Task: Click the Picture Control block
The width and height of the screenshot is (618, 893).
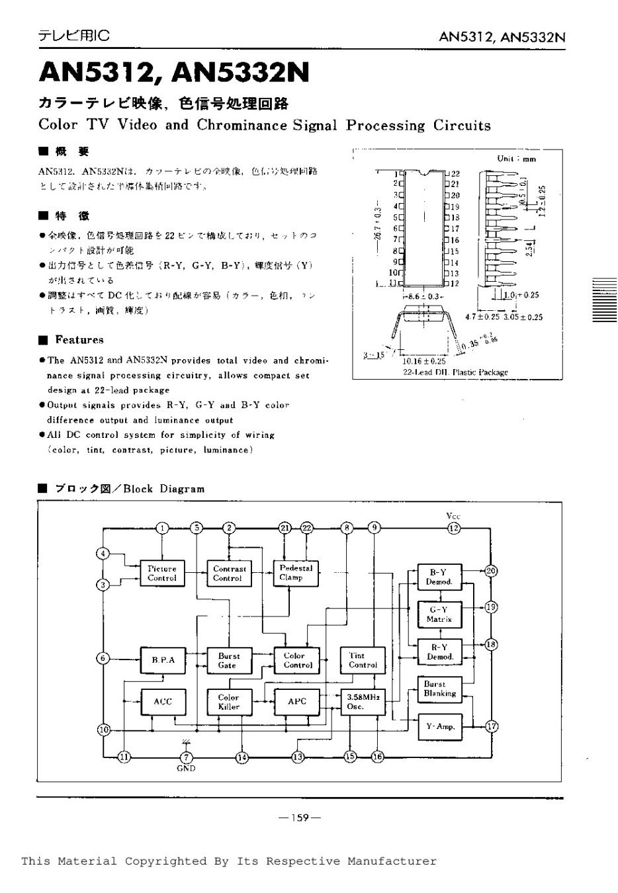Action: coord(162,573)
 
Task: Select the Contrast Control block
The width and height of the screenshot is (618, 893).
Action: coord(229,573)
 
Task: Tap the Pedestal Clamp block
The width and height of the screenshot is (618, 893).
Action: coord(296,573)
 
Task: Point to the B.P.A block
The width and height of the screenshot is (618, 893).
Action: coord(162,659)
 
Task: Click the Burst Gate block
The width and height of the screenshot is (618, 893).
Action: coord(229,660)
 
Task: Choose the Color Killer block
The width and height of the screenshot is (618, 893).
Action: coord(229,702)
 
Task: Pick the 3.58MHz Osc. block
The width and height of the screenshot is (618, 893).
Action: coord(362,702)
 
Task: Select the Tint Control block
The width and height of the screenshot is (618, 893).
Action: coord(362,660)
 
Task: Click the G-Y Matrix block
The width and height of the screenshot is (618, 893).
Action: coord(439,614)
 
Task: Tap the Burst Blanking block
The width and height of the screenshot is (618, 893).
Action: coord(439,689)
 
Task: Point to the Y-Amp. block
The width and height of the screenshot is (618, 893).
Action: coord(439,726)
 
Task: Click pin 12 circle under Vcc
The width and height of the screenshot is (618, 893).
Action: coord(453,527)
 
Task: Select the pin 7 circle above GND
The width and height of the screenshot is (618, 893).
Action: coord(186,757)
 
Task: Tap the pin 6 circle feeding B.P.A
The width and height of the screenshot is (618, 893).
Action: coord(103,658)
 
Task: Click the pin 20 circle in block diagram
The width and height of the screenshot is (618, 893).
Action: coord(491,571)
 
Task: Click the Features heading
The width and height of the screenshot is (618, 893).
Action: coord(79,340)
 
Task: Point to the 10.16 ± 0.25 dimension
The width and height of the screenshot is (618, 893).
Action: coord(423,361)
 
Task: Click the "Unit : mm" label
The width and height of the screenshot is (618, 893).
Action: coord(516,159)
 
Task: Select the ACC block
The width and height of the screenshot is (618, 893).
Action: coord(162,702)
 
